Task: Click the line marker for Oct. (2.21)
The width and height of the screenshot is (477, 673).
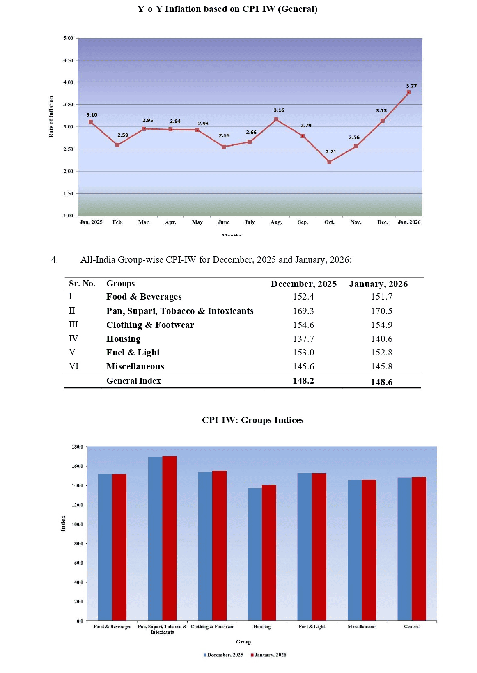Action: point(329,162)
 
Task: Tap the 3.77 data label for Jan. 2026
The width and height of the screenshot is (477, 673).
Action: point(411,86)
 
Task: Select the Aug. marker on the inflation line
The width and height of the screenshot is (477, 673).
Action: point(276,119)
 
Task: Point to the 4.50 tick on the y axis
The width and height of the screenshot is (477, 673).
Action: point(68,60)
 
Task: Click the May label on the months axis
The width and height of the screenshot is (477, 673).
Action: point(197,222)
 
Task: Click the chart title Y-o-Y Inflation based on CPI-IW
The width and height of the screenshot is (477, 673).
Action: point(227,9)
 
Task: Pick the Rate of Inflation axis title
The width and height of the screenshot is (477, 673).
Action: point(51,117)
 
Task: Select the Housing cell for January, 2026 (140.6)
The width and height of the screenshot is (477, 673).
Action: point(381,339)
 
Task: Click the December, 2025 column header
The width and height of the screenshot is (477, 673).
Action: point(303,284)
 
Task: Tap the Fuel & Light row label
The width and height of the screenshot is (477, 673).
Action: point(133,353)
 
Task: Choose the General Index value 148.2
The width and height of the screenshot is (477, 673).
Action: point(303,381)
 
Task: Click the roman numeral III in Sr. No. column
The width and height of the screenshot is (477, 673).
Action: point(73,325)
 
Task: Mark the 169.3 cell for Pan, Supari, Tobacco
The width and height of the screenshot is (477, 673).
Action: point(303,311)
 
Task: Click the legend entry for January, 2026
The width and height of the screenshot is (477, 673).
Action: point(269,655)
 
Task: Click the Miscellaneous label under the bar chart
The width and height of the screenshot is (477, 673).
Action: point(362,627)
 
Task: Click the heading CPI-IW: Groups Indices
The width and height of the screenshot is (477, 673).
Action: point(252,420)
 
